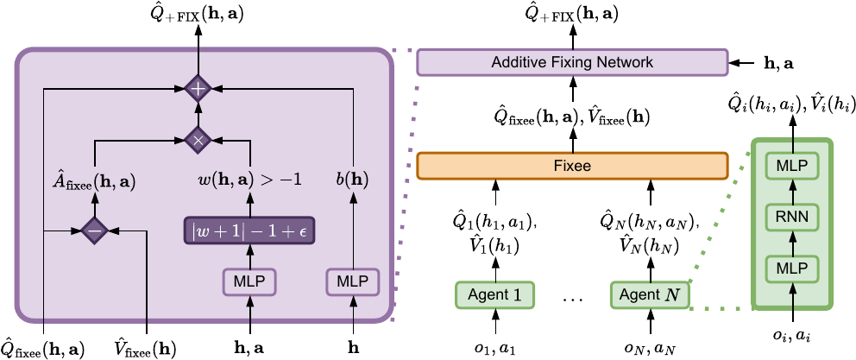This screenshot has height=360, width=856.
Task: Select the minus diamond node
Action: coord(92,231)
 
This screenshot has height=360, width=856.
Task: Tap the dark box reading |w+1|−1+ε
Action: coord(250,231)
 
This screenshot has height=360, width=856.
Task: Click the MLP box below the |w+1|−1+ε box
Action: coord(250,281)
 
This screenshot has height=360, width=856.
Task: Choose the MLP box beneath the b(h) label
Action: coord(353,281)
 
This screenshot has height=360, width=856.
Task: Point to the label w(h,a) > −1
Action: coord(250,181)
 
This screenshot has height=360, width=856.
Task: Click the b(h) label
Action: coord(353,181)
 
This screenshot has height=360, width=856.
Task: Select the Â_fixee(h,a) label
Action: coord(92,182)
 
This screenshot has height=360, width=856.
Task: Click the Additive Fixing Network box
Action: coord(572,63)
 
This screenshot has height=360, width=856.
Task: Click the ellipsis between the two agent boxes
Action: coord(572,299)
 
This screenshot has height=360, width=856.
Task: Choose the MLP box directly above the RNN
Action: coord(791,164)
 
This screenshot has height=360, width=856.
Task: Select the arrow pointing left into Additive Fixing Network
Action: coord(740,63)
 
